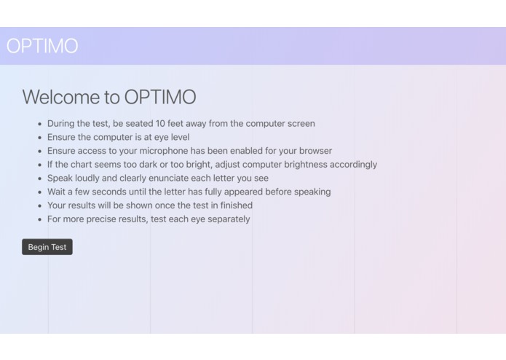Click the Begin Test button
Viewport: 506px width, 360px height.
pyautogui.click(x=47, y=247)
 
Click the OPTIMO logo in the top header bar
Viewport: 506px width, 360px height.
pyautogui.click(x=42, y=46)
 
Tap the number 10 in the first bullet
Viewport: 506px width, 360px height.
pyautogui.click(x=160, y=124)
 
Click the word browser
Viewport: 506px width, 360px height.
pyautogui.click(x=314, y=151)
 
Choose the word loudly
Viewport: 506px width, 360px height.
pyautogui.click(x=90, y=179)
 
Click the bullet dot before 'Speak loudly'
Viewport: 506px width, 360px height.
pyautogui.click(x=39, y=179)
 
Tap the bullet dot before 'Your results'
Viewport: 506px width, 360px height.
pyautogui.click(x=39, y=206)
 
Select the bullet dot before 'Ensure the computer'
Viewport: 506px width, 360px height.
pyautogui.click(x=39, y=138)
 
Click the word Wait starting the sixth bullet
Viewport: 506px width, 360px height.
pyautogui.click(x=58, y=192)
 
